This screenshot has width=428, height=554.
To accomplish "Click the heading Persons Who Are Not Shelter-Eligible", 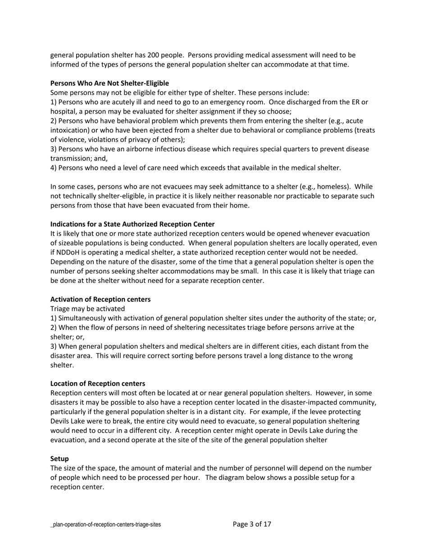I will (109, 83).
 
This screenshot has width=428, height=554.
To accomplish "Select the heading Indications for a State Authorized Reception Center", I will (132, 224).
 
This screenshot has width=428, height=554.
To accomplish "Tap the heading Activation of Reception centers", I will (100, 300).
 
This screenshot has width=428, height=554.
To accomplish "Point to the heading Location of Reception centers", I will (98, 384).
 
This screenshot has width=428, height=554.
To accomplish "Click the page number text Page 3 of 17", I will (252, 524).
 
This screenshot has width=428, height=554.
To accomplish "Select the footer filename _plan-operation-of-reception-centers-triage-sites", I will (105, 525).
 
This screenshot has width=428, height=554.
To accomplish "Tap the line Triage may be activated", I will (87, 309).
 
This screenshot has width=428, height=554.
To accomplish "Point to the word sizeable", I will (72, 243).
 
